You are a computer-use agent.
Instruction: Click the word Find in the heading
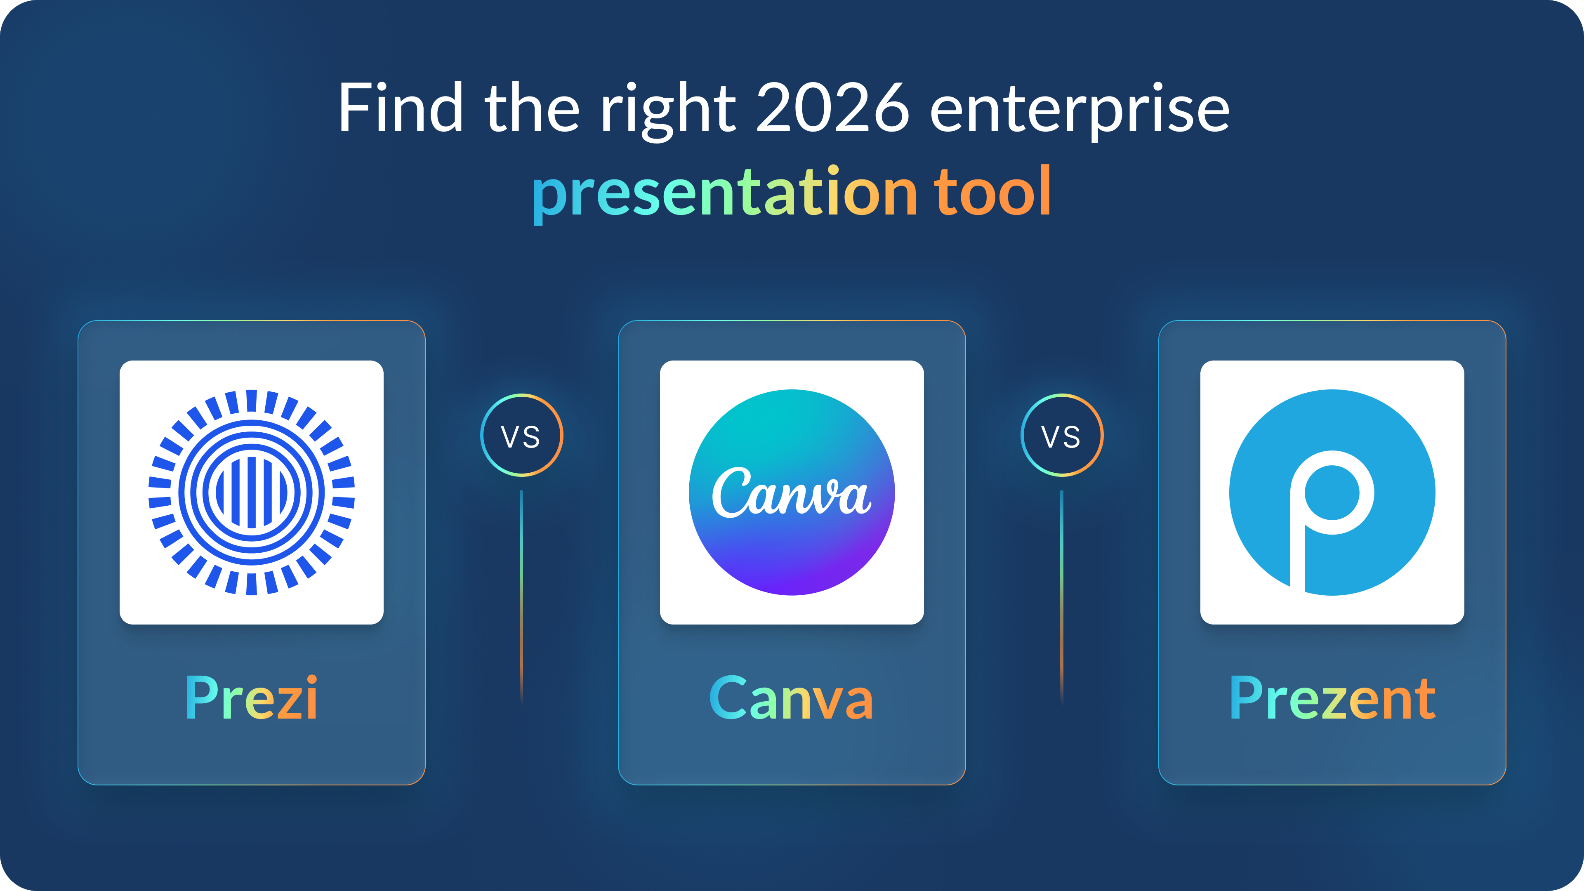[400, 109]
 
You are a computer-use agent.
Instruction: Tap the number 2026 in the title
[832, 109]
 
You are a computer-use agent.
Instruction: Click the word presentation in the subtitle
[726, 193]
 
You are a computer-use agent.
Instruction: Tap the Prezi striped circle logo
[252, 492]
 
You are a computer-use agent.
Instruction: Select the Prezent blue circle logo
[1332, 492]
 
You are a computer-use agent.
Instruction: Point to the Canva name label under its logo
[792, 698]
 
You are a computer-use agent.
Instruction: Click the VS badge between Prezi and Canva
[521, 435]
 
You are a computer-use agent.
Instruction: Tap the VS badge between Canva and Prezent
[1061, 435]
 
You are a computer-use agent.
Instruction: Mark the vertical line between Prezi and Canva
[521, 596]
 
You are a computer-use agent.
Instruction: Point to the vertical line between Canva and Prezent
[1061, 596]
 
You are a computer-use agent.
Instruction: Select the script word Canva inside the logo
[792, 492]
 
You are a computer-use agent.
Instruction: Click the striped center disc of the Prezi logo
[252, 492]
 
